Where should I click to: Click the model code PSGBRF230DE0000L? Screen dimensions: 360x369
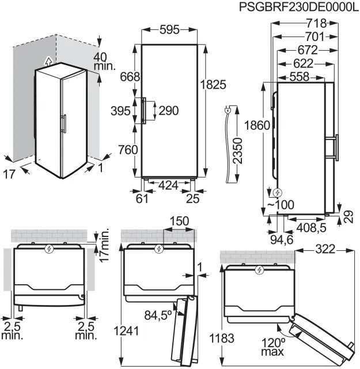pos(299,6)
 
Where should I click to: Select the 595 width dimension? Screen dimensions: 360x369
pos(169,30)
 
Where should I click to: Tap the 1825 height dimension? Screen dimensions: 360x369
pos(213,85)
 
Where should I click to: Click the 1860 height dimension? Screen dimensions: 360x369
pos(257,125)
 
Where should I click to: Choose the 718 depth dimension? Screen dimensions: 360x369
pos(317,23)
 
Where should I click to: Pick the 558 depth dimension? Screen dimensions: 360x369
pos(300,77)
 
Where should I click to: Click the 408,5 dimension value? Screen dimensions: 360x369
pos(311,228)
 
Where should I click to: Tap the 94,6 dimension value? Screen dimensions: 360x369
pos(282,240)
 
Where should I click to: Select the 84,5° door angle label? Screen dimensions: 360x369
pos(158,315)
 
